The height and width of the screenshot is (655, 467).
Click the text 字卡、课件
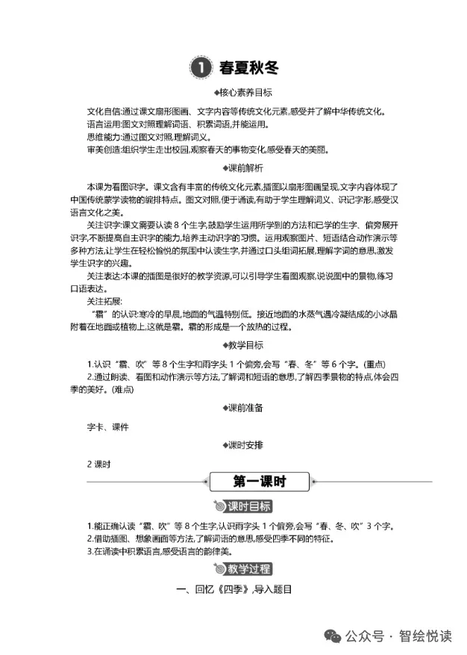(109, 426)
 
